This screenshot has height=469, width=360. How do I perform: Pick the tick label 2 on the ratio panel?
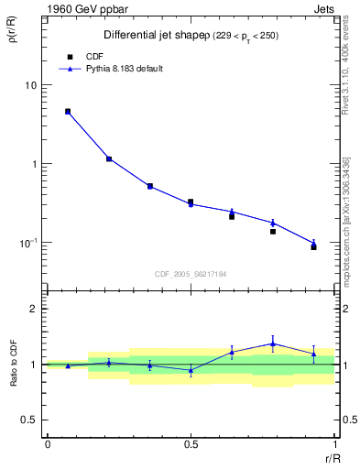(x=33, y=309)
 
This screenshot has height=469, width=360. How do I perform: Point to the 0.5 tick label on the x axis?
(x=191, y=443)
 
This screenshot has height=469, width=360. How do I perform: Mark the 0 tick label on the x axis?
(x=47, y=443)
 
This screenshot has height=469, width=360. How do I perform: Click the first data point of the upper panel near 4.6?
(x=68, y=112)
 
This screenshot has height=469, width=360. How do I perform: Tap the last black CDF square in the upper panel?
(x=313, y=247)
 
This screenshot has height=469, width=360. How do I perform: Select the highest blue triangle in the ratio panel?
(x=272, y=344)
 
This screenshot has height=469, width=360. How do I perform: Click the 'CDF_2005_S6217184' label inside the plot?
(x=191, y=273)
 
